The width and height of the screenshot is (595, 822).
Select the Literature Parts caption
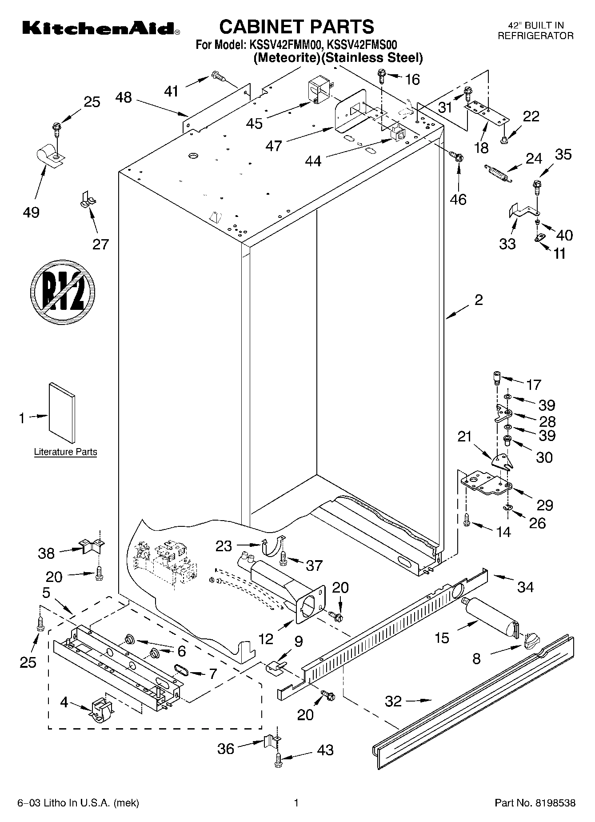[x=65, y=452]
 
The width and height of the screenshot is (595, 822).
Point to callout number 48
[x=124, y=97]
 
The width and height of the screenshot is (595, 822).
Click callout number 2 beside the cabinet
[x=478, y=300]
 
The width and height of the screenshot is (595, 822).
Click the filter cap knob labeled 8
[x=532, y=641]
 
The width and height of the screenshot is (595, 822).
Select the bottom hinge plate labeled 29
[x=486, y=484]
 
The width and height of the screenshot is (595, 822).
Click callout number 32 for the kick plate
[x=393, y=701]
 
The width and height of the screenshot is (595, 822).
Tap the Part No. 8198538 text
[x=535, y=803]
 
